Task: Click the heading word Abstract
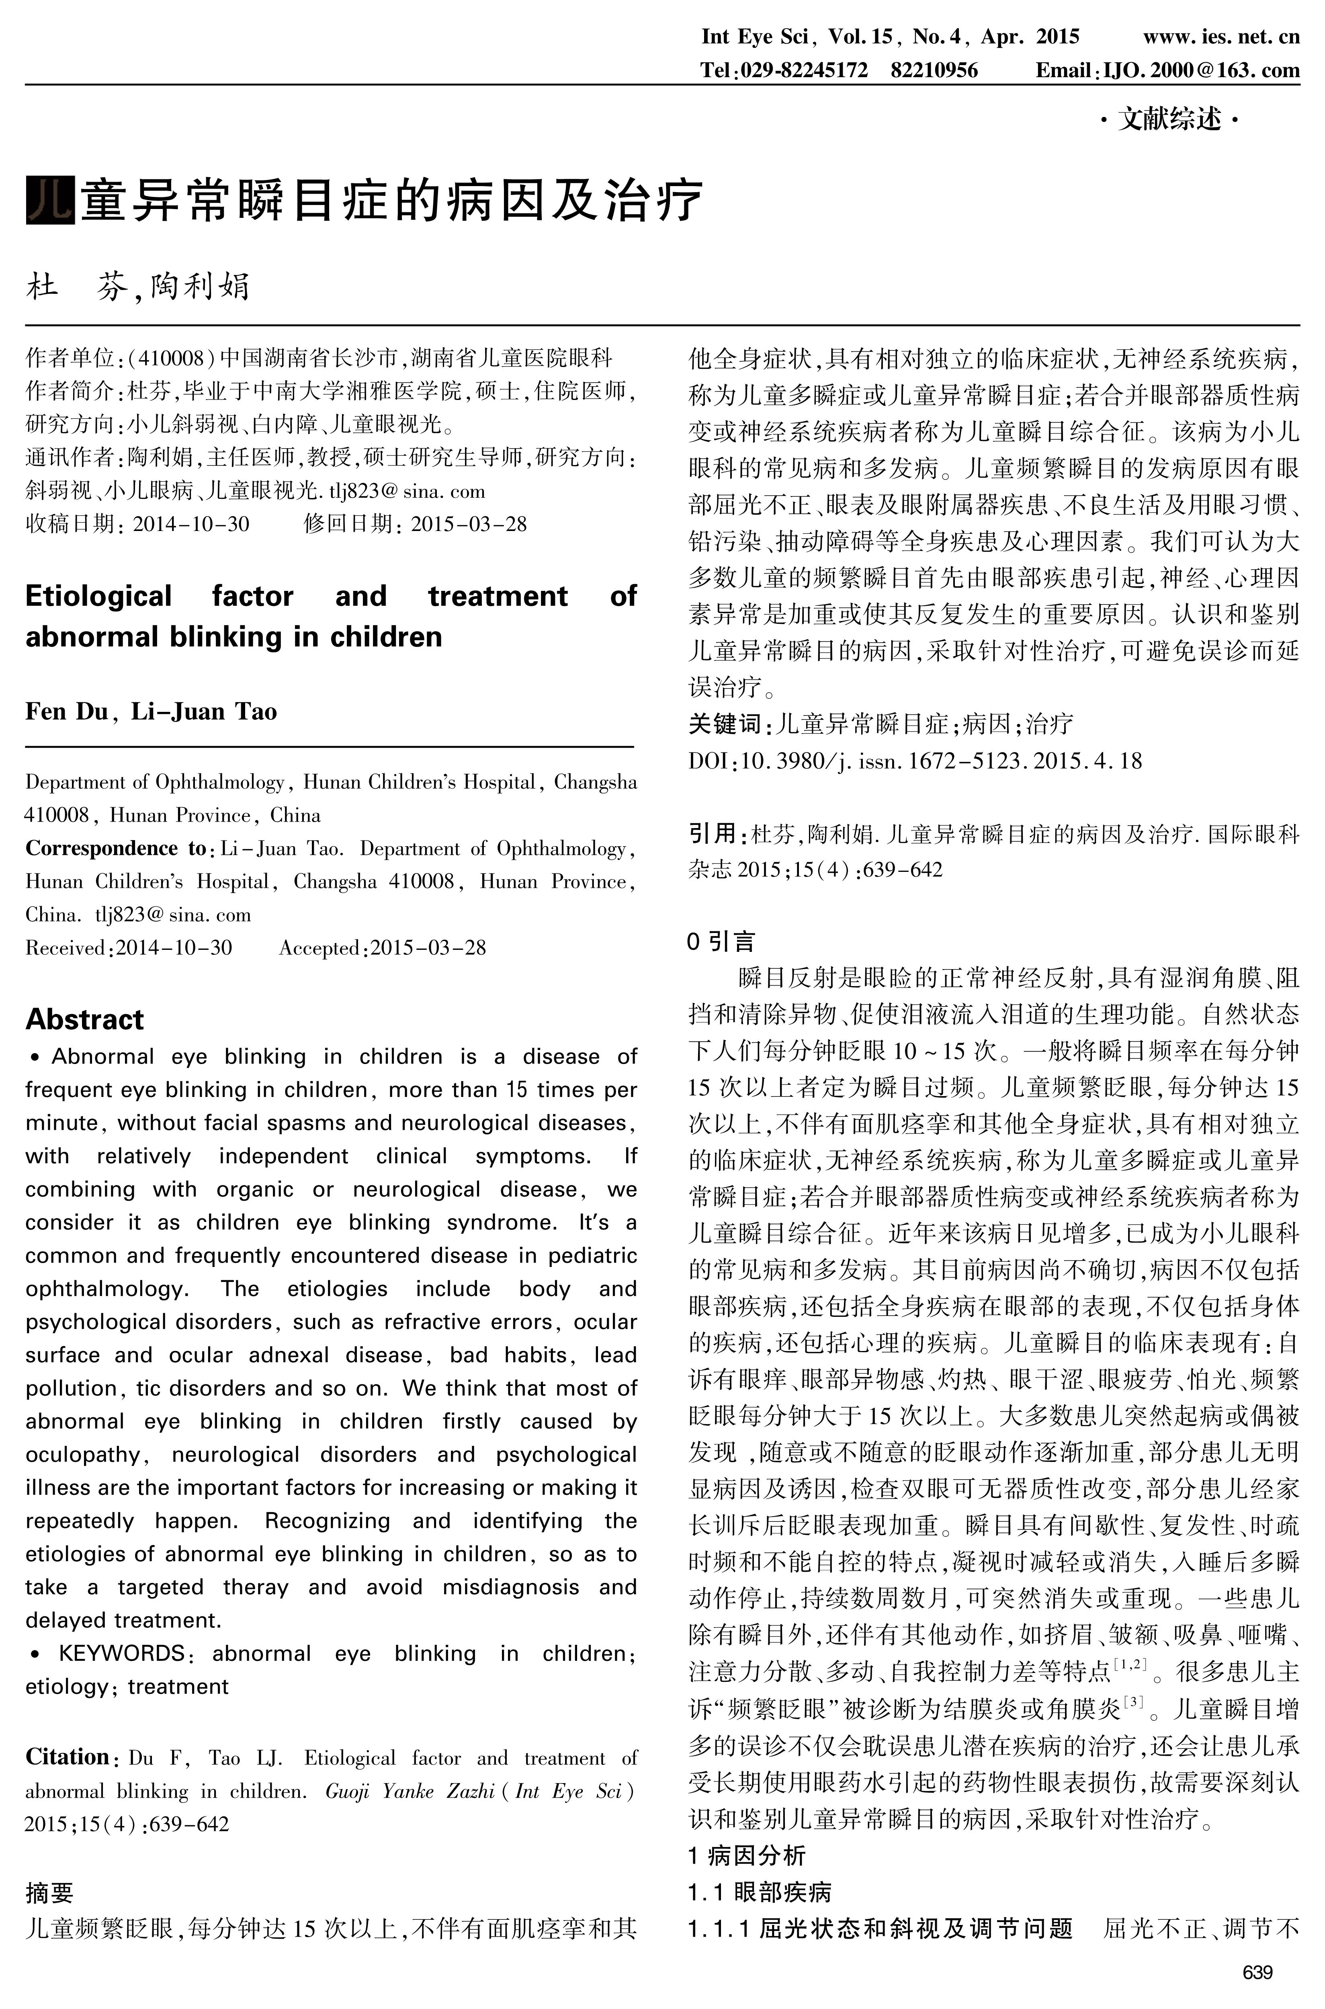(84, 1019)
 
